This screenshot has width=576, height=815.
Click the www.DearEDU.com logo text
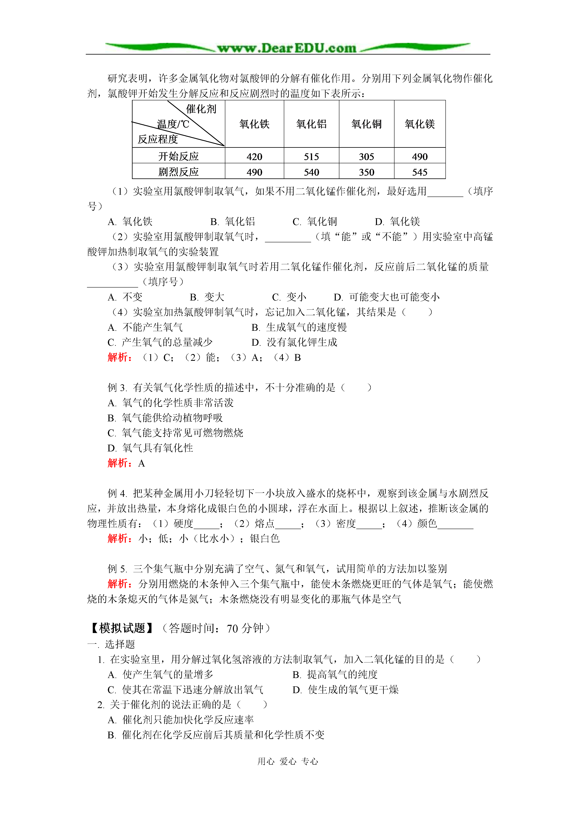(x=287, y=48)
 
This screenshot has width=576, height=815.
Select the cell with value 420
(x=254, y=157)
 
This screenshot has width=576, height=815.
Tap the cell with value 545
(x=420, y=172)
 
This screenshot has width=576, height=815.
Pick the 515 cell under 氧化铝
(x=311, y=157)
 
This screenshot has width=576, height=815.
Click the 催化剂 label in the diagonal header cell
(x=201, y=109)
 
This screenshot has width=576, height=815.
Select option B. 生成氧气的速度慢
(x=299, y=327)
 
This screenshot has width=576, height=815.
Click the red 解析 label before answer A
(x=120, y=463)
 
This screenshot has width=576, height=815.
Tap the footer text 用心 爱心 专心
(x=288, y=761)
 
